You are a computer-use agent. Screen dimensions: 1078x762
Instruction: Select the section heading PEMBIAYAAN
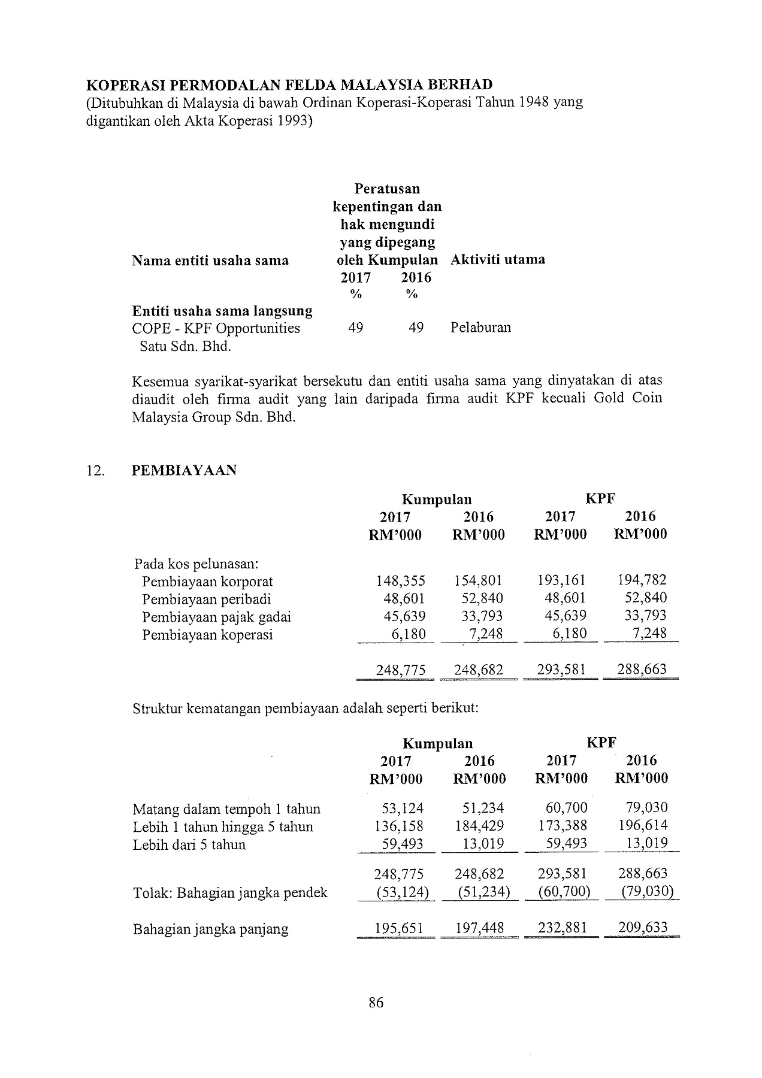click(184, 470)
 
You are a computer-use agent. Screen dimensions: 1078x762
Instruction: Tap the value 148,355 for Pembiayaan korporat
click(400, 580)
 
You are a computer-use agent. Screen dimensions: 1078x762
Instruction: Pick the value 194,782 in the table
click(642, 580)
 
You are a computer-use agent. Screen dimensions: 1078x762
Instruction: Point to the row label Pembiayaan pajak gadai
click(216, 616)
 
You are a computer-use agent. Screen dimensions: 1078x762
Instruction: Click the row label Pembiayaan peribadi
click(206, 599)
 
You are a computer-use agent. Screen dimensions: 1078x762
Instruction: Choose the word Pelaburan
click(480, 328)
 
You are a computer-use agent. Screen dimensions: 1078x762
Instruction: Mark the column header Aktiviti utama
click(497, 259)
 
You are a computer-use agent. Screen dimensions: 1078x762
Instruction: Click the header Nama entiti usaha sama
click(210, 260)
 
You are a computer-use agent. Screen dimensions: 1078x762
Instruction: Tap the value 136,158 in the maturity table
click(398, 826)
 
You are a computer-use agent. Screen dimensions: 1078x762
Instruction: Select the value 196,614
click(643, 826)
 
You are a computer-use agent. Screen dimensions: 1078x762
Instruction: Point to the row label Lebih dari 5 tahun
click(189, 844)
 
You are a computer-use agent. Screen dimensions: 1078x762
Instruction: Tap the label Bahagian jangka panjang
click(210, 929)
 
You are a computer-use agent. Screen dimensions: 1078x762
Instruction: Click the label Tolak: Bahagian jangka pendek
click(230, 892)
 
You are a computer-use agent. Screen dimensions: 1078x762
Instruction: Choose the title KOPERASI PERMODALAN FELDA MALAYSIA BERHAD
click(289, 84)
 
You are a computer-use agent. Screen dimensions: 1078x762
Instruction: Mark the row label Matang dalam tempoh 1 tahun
click(226, 809)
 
